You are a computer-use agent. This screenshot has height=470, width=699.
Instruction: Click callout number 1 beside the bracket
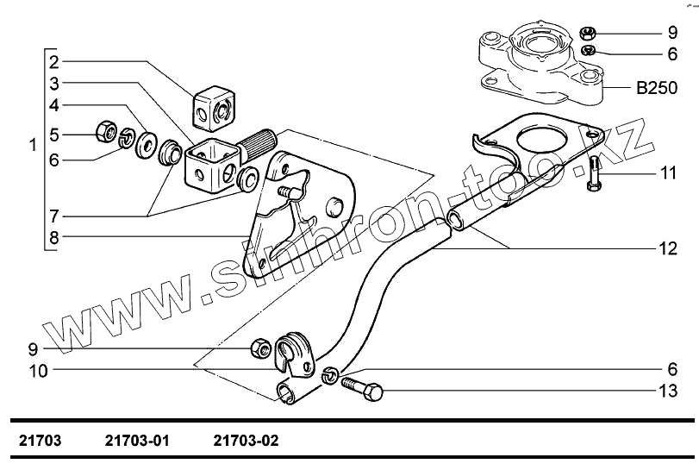point(33,146)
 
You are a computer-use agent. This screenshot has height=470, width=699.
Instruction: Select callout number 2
point(53,62)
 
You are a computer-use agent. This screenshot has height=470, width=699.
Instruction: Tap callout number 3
point(53,84)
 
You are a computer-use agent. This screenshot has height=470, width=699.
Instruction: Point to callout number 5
point(53,134)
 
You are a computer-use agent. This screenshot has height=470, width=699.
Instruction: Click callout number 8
point(53,237)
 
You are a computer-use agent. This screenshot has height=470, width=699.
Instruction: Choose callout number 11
point(669,172)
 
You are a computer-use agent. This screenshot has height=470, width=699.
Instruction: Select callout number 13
point(669,392)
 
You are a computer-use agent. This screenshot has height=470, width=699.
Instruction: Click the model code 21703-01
point(136,441)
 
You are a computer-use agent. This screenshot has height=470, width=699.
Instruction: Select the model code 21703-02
point(247,441)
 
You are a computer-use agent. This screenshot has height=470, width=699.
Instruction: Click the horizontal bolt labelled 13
point(362,387)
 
